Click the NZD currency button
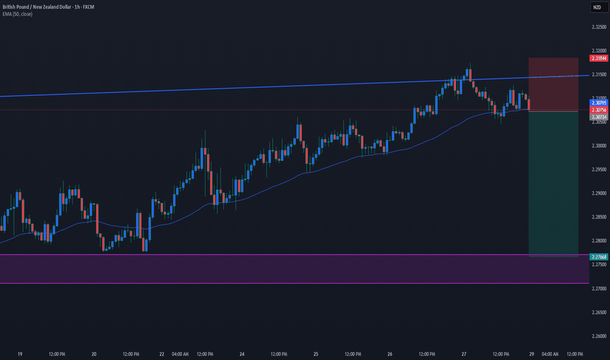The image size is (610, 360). pos(597,7)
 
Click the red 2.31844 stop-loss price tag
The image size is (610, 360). pos(598,58)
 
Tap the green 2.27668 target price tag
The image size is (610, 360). pos(598,257)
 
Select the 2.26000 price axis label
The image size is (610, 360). pos(598,336)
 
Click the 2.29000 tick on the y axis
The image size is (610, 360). pos(598,193)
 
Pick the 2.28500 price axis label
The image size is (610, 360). pos(598,217)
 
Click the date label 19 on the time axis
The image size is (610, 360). pos(20,354)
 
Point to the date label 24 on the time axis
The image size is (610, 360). pos(242,354)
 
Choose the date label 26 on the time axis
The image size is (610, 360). pos(389,354)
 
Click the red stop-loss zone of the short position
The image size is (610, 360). pos(553,84)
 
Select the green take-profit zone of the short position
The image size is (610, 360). pos(553,183)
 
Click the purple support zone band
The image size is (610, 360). pos(262,269)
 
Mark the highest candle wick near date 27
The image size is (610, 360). pos(469,65)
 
